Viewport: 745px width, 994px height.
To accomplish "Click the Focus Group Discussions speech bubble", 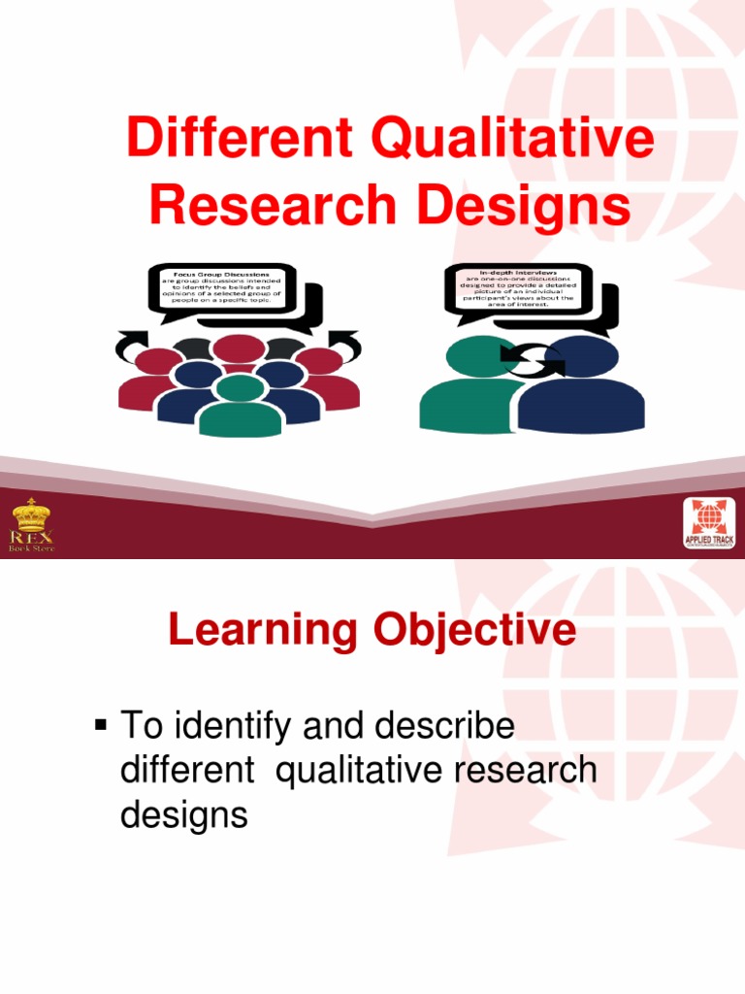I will coord(221,287).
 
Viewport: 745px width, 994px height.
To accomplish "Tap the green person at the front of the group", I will coord(240,408).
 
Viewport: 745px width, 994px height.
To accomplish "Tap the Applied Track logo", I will coord(709,525).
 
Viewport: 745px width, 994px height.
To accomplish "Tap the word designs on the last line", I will coord(183,813).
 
